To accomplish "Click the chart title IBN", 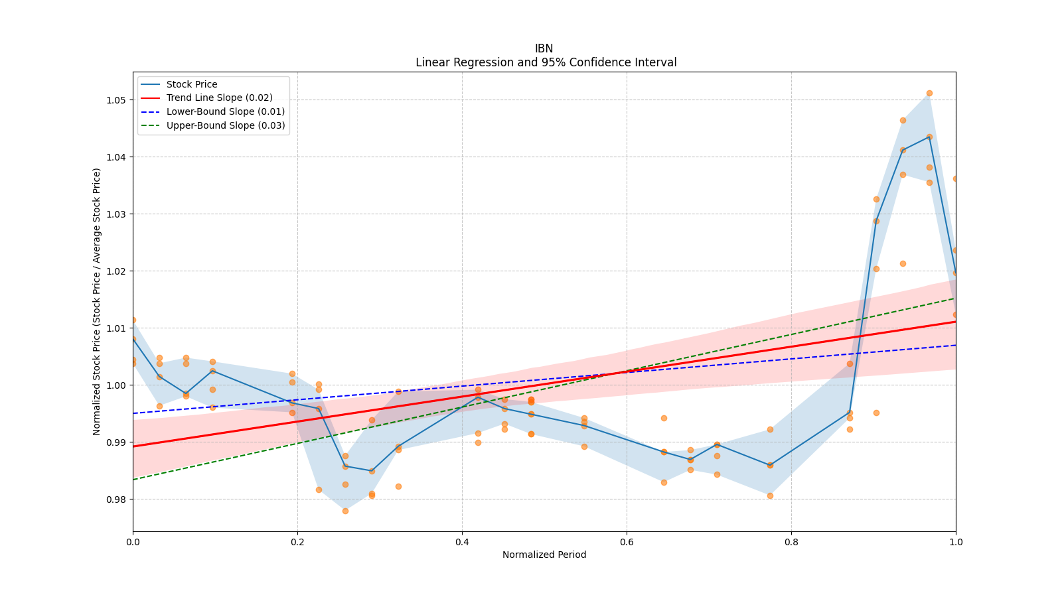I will click(544, 48).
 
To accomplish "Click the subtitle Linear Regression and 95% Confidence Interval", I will click(546, 62).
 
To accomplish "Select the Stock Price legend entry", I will click(192, 84).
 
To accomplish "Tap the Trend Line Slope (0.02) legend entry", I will click(219, 98).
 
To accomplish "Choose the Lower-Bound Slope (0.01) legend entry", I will click(225, 111).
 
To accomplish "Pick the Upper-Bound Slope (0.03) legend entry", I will click(225, 125).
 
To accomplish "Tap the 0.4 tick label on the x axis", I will click(462, 542).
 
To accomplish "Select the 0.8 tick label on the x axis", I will click(791, 542).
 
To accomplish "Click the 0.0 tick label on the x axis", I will click(133, 542).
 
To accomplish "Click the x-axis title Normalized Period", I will click(544, 555).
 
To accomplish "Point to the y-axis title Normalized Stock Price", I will click(97, 301).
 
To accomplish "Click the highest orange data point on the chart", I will click(929, 93).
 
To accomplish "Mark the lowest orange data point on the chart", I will click(345, 511).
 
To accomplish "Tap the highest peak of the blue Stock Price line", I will click(929, 137).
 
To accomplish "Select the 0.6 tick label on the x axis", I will click(627, 542).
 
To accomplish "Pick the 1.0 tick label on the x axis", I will click(956, 542).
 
